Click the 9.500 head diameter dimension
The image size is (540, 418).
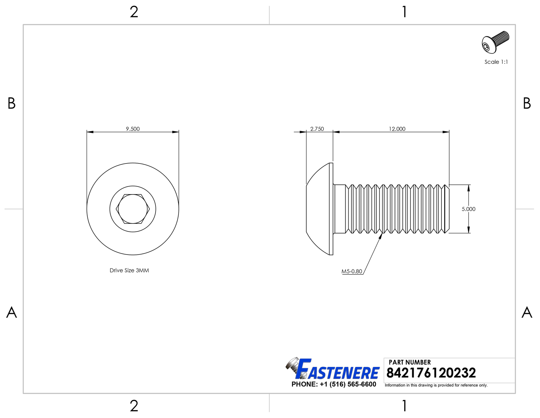point(133,129)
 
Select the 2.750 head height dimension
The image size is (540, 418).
point(317,129)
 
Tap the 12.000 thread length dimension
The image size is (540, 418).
point(397,129)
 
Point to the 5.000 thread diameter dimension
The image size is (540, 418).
point(468,209)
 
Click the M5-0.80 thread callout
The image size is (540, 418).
point(352,271)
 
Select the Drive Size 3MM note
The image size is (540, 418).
point(129,270)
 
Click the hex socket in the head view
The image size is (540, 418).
point(133,209)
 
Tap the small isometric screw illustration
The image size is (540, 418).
point(495,42)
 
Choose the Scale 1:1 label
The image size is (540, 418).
point(496,62)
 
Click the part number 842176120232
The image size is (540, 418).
point(431,373)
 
